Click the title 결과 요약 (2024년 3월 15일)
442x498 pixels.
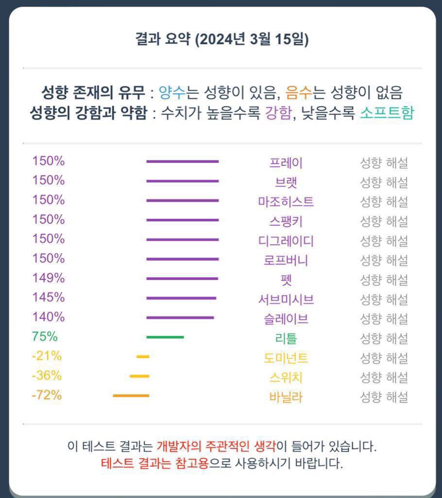point(222,39)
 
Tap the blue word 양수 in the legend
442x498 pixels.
point(172,92)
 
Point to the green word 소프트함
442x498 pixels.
point(387,113)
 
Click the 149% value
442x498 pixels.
point(48,278)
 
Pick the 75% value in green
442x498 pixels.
point(45,337)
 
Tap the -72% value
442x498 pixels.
point(47,395)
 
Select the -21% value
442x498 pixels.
point(47,356)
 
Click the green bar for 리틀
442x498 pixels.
point(165,337)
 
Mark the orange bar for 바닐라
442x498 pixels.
point(131,395)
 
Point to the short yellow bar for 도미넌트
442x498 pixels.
point(143,356)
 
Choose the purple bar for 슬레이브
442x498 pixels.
point(180,318)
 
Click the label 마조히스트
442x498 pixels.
point(286,202)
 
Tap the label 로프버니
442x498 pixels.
point(286,261)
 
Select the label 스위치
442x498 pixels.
point(286,377)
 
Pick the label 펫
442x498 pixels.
point(286,280)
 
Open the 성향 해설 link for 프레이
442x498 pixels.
point(383,163)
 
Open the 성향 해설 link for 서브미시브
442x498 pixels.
point(383,300)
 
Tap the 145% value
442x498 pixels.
point(48,298)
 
